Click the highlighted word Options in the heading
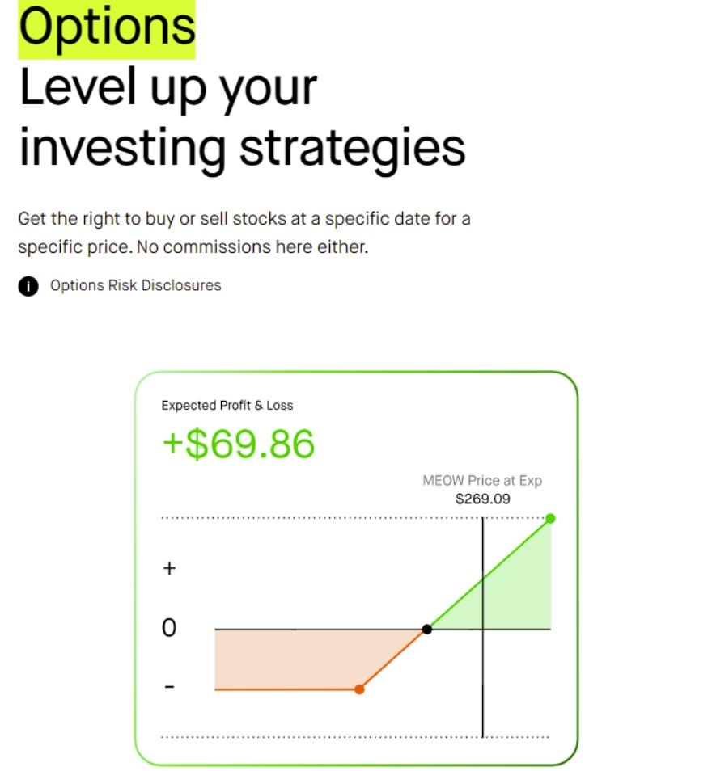[107, 27]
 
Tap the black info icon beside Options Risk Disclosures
[28, 286]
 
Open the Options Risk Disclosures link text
[135, 285]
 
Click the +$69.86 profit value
[239, 444]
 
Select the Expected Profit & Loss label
[227, 405]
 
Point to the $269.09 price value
[482, 499]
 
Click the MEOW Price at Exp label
[482, 480]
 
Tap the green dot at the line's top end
[550, 518]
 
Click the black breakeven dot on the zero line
[427, 629]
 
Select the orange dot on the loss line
[359, 689]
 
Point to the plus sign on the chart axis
[169, 568]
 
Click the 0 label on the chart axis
[169, 628]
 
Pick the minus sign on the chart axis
[169, 686]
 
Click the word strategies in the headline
[352, 148]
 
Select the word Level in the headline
[78, 86]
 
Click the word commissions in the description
[217, 246]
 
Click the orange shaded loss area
[295, 659]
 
